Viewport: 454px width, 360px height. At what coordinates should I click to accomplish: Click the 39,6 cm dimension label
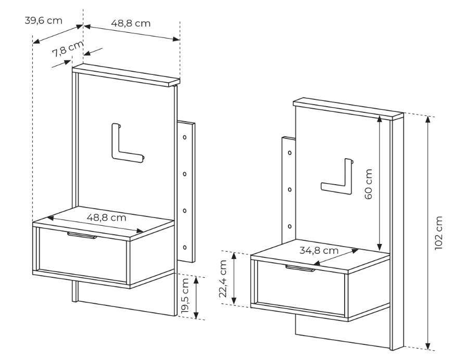coord(43,20)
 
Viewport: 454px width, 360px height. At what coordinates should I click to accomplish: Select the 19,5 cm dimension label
coord(185,295)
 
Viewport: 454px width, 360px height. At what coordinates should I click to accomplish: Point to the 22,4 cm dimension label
coord(223,279)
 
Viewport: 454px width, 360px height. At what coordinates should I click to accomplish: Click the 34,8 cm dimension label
coord(319,250)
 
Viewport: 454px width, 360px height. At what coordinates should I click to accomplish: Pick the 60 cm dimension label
coord(368,184)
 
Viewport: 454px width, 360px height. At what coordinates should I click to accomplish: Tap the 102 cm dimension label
coord(439,233)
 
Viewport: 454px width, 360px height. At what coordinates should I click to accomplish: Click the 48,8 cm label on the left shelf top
coord(107,217)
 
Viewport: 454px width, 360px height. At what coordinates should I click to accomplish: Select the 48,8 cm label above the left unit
coord(131,23)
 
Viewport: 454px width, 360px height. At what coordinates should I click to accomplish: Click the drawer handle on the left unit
coord(82,235)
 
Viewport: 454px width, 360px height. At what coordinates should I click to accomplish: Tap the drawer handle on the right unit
coord(300,268)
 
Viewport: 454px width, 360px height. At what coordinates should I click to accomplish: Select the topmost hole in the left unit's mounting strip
coord(185,137)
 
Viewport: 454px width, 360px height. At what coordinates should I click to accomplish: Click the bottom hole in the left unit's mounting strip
coord(185,248)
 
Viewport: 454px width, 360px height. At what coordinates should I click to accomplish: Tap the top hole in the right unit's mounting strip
coord(289,152)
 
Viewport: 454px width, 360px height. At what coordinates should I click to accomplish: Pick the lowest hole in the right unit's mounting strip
coord(289,226)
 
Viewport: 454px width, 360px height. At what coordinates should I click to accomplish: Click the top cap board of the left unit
coord(126,75)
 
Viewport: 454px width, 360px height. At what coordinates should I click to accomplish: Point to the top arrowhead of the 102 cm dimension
coord(428,119)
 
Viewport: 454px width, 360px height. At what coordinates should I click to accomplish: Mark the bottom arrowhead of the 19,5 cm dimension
coord(196,315)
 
